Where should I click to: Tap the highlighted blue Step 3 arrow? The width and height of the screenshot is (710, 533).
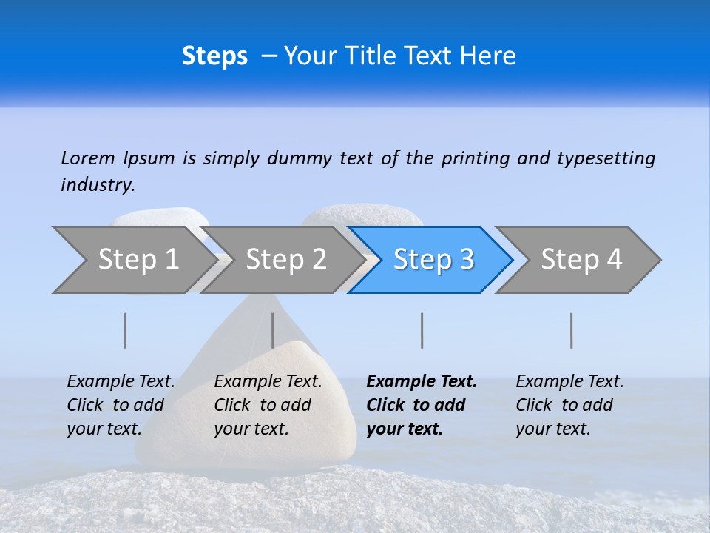pyautogui.click(x=433, y=259)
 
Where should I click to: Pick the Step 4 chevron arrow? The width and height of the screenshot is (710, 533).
pyautogui.click(x=581, y=259)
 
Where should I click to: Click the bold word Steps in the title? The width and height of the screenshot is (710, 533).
pyautogui.click(x=214, y=56)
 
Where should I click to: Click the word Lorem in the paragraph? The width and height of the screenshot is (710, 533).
pyautogui.click(x=88, y=158)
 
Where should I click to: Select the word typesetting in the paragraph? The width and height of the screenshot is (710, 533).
pyautogui.click(x=606, y=158)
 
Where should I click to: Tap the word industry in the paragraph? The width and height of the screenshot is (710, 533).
pyautogui.click(x=98, y=184)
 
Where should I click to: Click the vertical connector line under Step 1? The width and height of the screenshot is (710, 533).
pyautogui.click(x=125, y=330)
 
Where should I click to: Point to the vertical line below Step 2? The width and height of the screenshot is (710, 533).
pyautogui.click(x=273, y=330)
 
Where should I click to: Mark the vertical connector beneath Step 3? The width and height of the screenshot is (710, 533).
pyautogui.click(x=422, y=330)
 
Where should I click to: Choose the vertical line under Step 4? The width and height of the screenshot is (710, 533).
pyautogui.click(x=571, y=330)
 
